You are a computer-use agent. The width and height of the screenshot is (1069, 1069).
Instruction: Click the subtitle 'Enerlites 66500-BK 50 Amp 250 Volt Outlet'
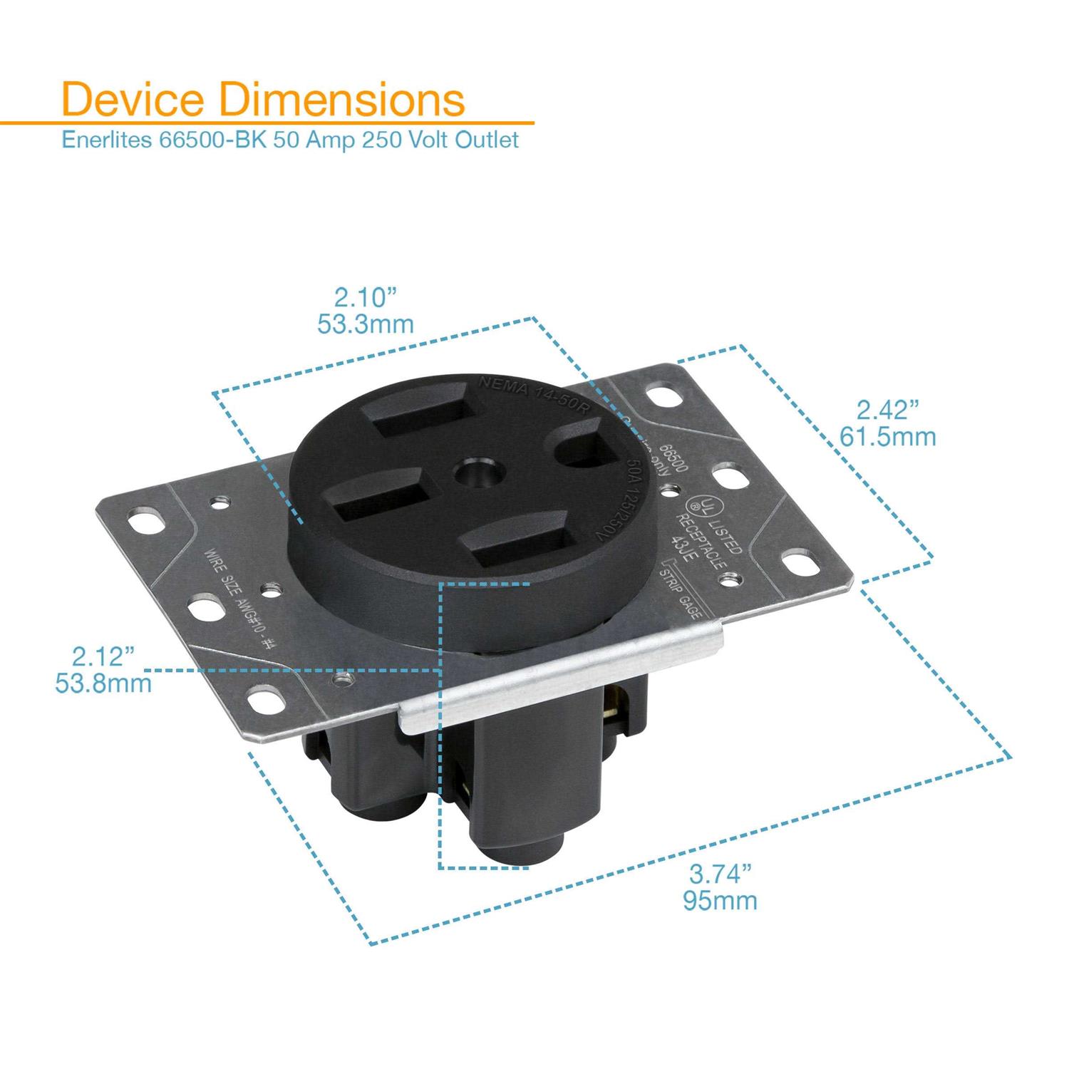(291, 139)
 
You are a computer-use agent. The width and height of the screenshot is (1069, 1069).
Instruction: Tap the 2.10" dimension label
(365, 296)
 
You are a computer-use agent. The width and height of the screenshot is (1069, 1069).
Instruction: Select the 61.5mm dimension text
(887, 436)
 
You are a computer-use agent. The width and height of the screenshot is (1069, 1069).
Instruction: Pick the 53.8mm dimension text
(103, 683)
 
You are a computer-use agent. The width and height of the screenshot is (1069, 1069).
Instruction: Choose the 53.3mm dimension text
(366, 324)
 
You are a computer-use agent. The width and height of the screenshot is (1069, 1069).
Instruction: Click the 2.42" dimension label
(887, 410)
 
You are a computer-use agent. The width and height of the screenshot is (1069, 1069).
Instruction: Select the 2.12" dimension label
(103, 656)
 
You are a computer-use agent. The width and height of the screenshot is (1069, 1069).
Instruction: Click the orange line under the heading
(285, 123)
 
